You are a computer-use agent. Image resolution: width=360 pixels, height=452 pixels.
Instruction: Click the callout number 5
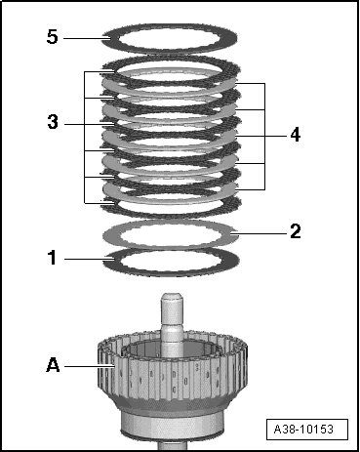(53, 37)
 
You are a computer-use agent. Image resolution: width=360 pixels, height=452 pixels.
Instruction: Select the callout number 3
(53, 123)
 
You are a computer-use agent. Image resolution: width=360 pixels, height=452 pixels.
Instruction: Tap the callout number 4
(296, 135)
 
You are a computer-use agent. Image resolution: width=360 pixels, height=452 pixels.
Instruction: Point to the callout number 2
(296, 231)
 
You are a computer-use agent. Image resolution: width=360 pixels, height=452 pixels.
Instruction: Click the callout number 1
(53, 258)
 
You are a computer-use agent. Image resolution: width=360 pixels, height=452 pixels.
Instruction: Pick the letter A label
(53, 365)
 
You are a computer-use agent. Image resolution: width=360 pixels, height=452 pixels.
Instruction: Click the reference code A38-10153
(303, 430)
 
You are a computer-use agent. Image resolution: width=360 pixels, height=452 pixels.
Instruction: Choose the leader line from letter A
(89, 366)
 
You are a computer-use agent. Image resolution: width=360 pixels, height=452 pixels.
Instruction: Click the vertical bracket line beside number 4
(264, 137)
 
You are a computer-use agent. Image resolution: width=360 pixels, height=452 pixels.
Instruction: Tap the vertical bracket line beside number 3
(85, 138)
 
